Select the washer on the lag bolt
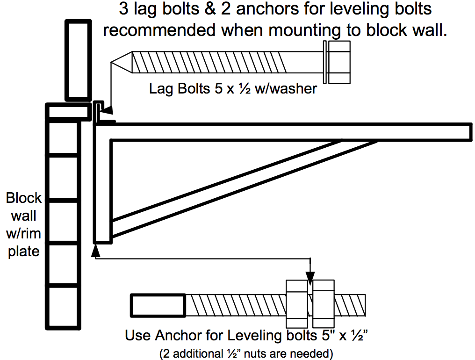(x=324, y=61)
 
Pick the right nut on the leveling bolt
(x=324, y=304)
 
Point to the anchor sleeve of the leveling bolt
(x=158, y=305)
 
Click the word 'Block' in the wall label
(x=24, y=198)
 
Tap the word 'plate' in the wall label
(x=24, y=251)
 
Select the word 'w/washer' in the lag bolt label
(x=286, y=88)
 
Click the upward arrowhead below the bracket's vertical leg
(x=96, y=250)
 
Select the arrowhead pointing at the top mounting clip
(x=107, y=111)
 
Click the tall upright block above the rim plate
(x=77, y=60)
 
